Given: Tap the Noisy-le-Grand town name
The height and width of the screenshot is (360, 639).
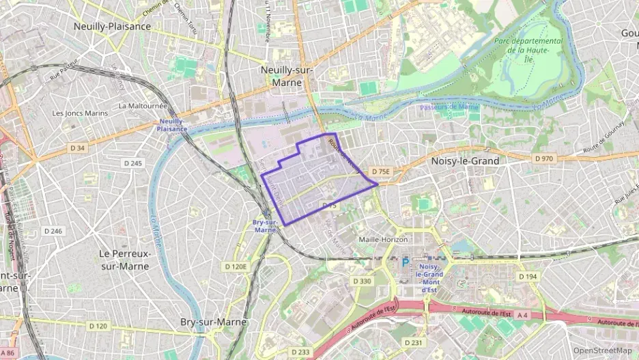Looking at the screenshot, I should tap(466, 161).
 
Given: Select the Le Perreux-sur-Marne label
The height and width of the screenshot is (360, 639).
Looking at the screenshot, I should tap(124, 260).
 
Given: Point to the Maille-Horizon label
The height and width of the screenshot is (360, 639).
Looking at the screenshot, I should tap(383, 240).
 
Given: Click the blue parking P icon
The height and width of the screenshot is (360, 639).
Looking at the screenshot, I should tap(406, 262).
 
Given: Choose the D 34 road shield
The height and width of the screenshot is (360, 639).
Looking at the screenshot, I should tap(77, 148).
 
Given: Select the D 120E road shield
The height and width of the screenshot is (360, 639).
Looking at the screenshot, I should tap(238, 266).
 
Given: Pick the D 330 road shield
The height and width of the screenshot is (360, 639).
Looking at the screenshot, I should tap(363, 281).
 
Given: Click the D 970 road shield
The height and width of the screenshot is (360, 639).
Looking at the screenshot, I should tap(544, 158).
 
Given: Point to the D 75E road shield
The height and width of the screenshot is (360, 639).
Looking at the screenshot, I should tap(380, 172).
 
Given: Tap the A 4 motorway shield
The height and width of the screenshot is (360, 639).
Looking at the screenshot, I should tap(522, 315).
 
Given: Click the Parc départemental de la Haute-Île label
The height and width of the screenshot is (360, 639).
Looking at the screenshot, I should tap(528, 50).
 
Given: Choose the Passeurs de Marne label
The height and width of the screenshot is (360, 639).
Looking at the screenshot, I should tap(449, 107).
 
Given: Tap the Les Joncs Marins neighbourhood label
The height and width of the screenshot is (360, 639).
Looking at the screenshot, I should tap(81, 113).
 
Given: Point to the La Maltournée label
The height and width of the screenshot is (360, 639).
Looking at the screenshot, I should tap(143, 106).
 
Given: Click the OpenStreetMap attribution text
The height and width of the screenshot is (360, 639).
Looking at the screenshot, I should tap(602, 350).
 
